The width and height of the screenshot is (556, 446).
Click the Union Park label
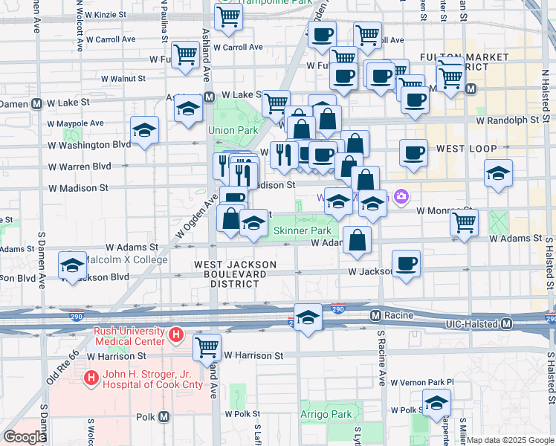(233, 130)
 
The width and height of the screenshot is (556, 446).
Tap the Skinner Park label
(302, 231)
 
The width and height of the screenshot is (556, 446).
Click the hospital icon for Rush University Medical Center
(176, 335)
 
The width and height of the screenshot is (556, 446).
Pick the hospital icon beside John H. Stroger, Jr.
(91, 378)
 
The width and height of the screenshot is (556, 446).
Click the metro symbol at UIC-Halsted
(507, 324)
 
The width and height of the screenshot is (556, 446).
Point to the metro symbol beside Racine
(377, 316)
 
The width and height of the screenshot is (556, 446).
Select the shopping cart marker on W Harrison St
(207, 346)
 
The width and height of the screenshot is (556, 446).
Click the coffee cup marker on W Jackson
(406, 264)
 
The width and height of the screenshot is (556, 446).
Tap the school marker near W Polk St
(437, 403)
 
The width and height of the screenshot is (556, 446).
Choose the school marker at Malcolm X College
(73, 265)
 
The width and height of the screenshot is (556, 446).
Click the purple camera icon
(402, 197)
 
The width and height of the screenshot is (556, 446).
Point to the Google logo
(24, 437)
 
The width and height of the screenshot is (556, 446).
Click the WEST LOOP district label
(466, 149)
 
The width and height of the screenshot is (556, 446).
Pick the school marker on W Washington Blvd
(144, 131)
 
